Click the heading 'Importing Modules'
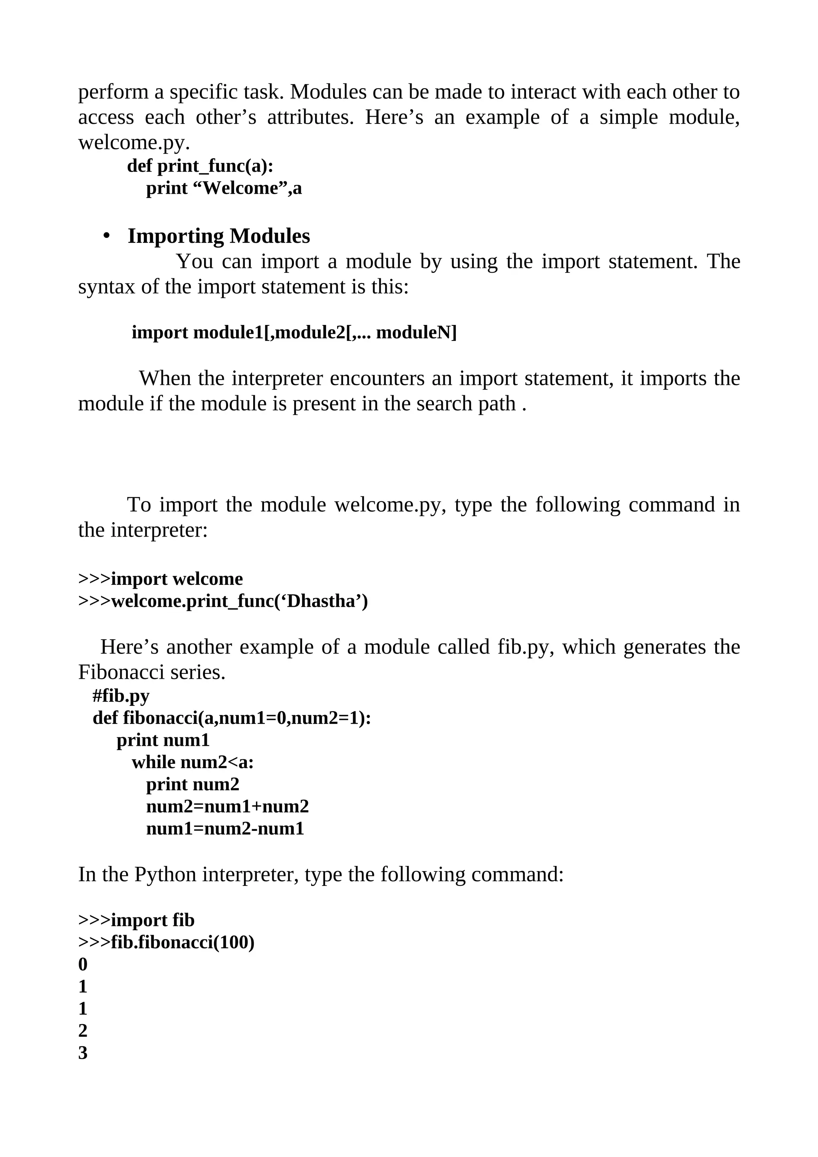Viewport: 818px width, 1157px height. pyautogui.click(x=219, y=236)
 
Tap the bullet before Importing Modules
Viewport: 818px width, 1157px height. pyautogui.click(x=106, y=236)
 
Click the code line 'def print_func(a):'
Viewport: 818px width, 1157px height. pyautogui.click(x=200, y=165)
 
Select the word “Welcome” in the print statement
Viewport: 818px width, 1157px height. pyautogui.click(x=239, y=188)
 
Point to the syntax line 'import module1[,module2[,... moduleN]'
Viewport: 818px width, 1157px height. pyautogui.click(x=294, y=333)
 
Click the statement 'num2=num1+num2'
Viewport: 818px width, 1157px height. pyautogui.click(x=227, y=806)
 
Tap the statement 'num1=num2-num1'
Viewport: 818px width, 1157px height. pyautogui.click(x=225, y=828)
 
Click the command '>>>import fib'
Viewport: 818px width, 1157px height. pyautogui.click(x=136, y=920)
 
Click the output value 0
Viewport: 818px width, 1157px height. pyautogui.click(x=83, y=964)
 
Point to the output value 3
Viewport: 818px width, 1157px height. pyautogui.click(x=83, y=1053)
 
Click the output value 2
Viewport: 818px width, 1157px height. pyautogui.click(x=83, y=1030)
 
